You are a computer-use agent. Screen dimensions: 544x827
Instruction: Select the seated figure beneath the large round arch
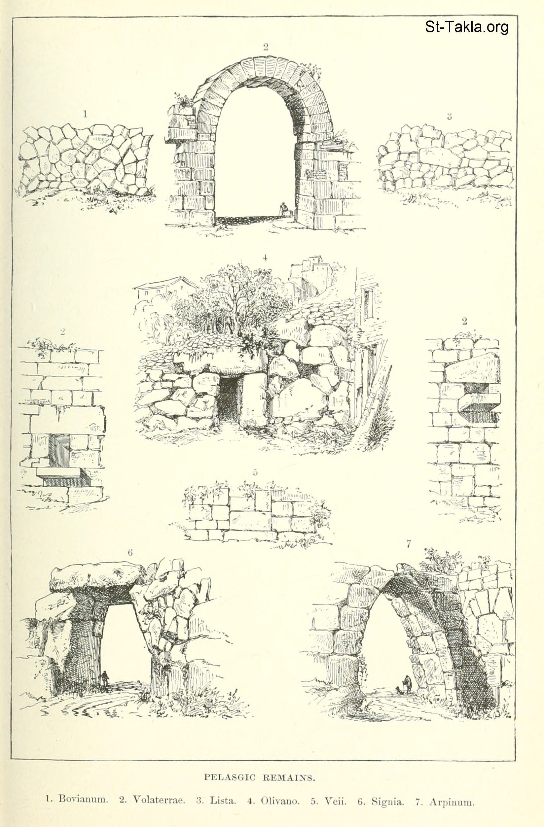coord(284,209)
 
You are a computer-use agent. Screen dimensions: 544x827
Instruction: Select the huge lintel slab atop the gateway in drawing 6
coord(97,580)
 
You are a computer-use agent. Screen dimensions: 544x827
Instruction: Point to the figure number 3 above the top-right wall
coord(449,117)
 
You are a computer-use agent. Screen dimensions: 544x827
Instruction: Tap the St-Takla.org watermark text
coord(467,27)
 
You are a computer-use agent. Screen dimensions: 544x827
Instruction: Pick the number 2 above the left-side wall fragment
coord(62,331)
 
